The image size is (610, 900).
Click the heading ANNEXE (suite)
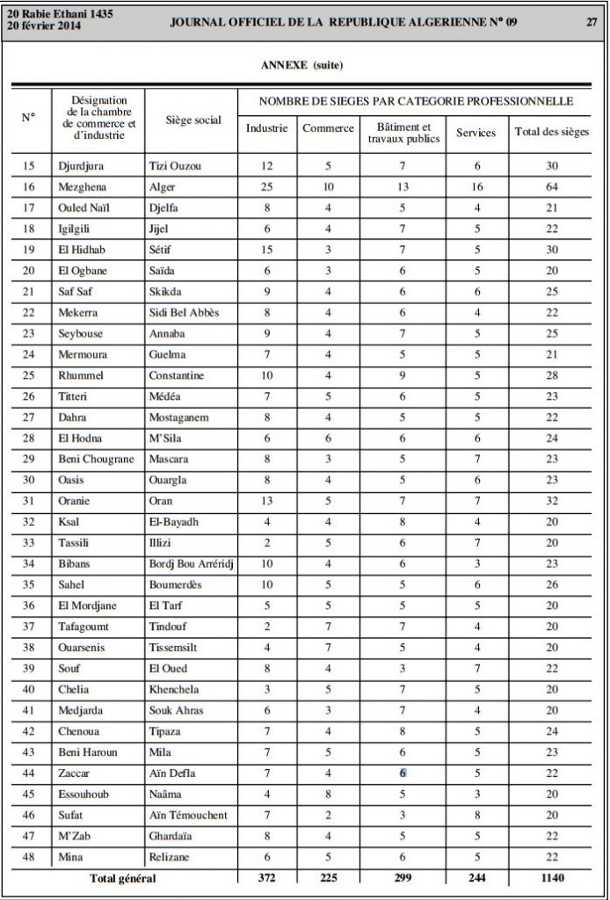tap(302, 65)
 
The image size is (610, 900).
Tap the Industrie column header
tap(266, 128)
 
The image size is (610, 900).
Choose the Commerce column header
tap(328, 128)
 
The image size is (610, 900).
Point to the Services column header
tap(476, 133)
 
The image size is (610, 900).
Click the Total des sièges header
tap(552, 133)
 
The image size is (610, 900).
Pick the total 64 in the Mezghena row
tap(551, 186)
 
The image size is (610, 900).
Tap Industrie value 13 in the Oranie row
tap(266, 501)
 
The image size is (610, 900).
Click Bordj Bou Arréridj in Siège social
tap(190, 563)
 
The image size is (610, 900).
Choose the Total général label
tap(124, 878)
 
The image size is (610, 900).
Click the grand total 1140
tap(551, 878)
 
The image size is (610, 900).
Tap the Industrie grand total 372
tap(266, 878)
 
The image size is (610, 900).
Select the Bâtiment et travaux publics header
tap(403, 133)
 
